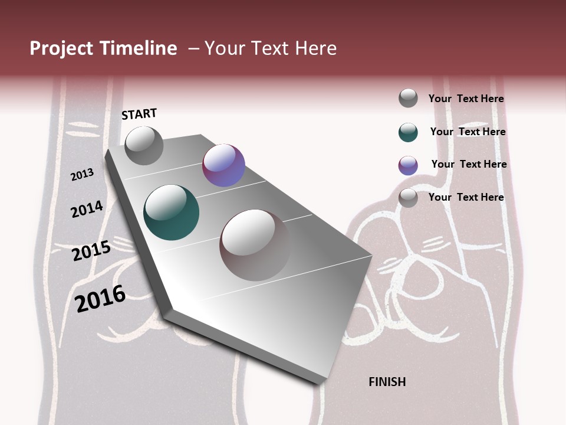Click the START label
tap(139, 114)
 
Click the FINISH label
tap(387, 382)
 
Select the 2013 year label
tap(83, 174)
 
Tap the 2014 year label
tap(87, 209)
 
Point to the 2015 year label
tap(91, 251)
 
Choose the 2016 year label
tap(100, 299)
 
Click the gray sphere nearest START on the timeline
tap(144, 145)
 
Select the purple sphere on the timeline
tap(223, 165)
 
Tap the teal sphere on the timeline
tap(171, 212)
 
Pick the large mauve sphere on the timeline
tap(255, 244)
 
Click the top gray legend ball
tap(408, 98)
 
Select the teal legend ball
tap(408, 132)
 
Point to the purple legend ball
tap(408, 165)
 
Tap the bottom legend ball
tap(408, 198)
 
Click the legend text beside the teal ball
tap(468, 132)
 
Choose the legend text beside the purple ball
tap(469, 164)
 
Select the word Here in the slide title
tap(315, 48)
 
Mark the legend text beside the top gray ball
tap(466, 99)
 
